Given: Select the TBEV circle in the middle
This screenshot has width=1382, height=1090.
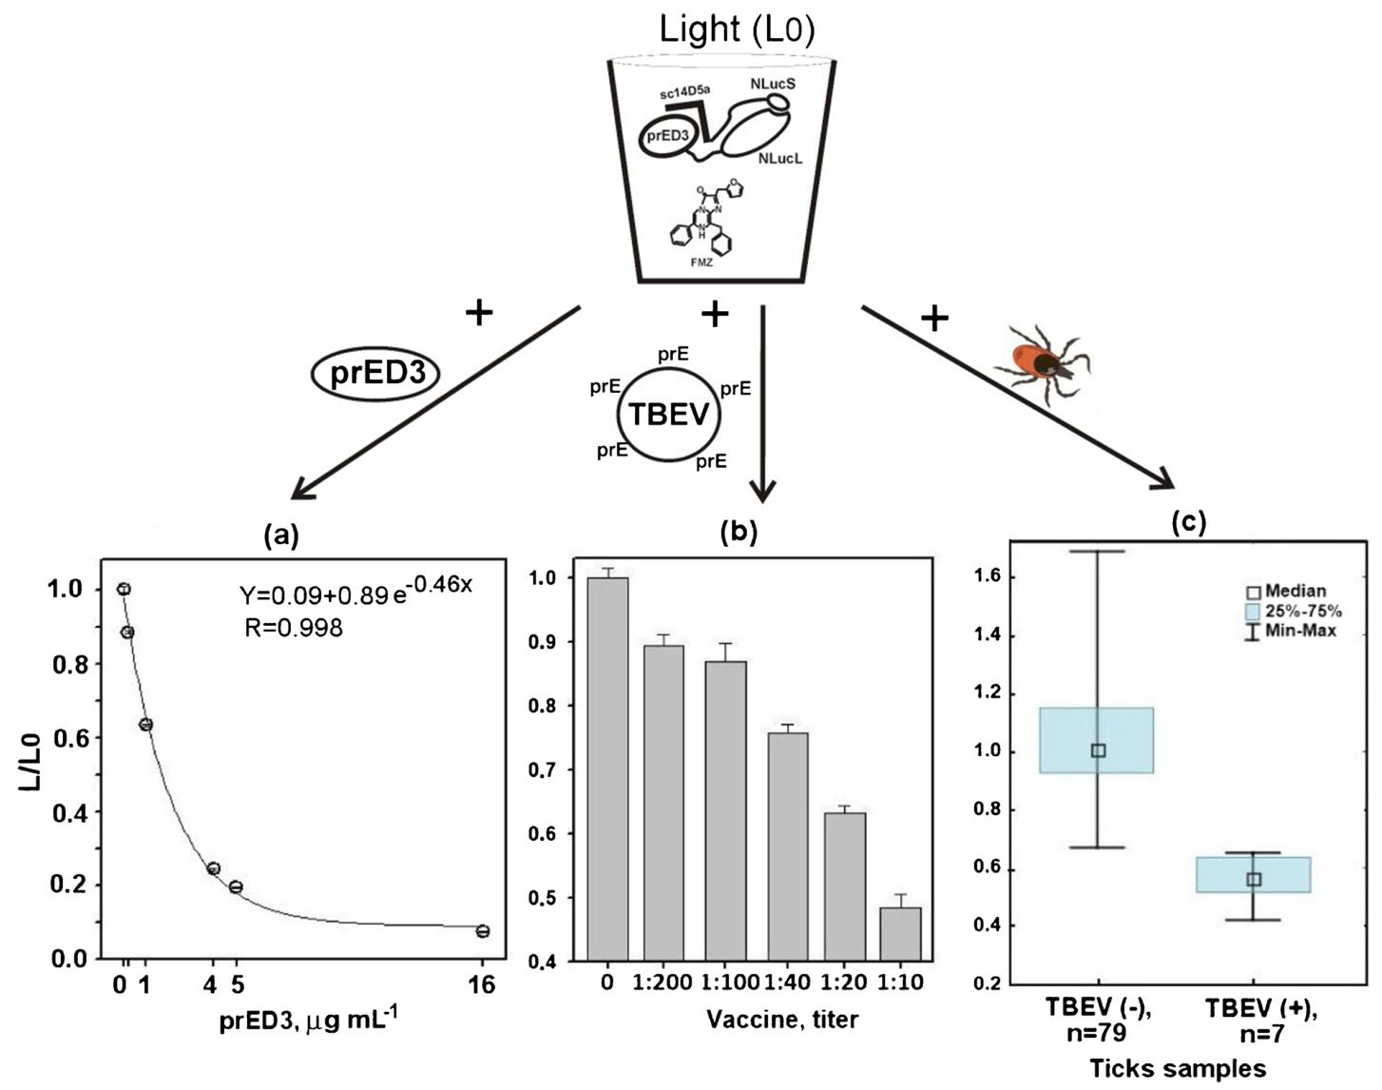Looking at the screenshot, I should click(667, 415).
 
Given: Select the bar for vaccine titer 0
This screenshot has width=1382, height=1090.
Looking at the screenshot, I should click(607, 768).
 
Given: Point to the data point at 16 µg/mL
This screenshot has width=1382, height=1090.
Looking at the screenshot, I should click(483, 931).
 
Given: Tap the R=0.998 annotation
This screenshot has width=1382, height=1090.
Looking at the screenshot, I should click(293, 628).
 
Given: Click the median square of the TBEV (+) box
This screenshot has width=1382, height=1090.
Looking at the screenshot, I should click(1254, 879).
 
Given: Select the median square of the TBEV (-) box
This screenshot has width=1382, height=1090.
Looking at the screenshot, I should click(1098, 750).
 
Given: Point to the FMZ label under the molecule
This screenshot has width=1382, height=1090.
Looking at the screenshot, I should click(701, 262).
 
